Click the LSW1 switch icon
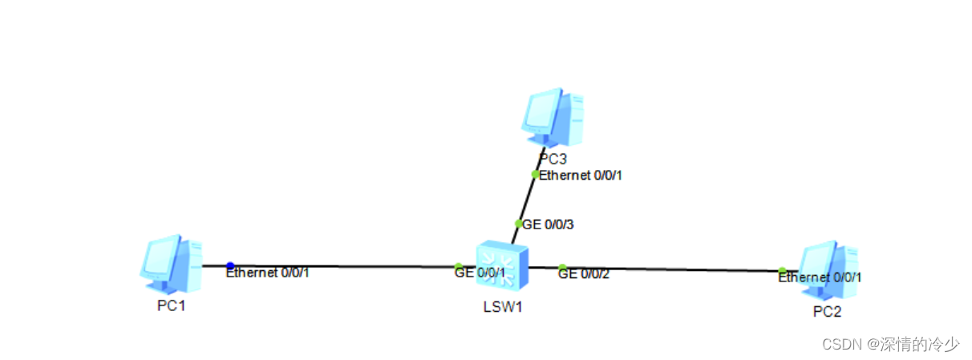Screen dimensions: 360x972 click(502, 265)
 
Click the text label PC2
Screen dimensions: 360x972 click(828, 312)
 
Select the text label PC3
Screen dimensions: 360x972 click(553, 158)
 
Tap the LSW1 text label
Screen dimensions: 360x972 click(503, 305)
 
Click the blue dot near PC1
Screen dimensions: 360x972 click(230, 265)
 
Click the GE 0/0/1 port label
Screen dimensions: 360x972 click(480, 273)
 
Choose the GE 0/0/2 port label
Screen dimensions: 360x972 click(584, 274)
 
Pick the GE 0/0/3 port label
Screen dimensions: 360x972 click(548, 225)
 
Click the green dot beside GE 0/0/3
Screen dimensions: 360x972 click(519, 224)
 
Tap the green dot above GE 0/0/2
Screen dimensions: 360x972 click(562, 268)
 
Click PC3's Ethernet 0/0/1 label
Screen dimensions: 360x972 click(581, 176)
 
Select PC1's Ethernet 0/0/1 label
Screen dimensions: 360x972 click(267, 273)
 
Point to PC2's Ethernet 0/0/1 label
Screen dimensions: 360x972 click(820, 277)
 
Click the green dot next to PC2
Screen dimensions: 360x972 click(783, 271)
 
